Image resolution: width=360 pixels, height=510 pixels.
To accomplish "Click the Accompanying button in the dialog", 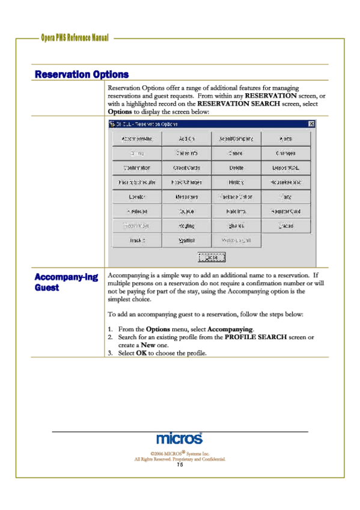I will point(137,139).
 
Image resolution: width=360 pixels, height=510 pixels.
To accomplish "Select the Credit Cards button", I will point(186,168).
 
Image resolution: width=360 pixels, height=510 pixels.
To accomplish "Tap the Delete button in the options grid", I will point(236,168).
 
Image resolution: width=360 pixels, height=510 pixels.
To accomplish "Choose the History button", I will point(236,182).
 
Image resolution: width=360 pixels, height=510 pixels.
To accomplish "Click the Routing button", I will point(186,226).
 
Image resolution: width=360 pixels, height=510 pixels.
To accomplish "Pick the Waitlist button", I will point(186,241).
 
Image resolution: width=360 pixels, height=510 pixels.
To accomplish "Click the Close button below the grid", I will point(212,257).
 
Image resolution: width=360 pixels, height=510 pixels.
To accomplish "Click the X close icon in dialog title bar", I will point(311,124).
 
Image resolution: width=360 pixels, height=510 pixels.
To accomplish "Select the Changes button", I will point(286,153).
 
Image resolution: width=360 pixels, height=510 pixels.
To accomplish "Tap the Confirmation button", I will point(137,168).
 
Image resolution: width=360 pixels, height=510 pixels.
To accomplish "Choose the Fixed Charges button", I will point(186,182).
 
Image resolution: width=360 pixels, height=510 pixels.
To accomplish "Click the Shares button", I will point(236,226).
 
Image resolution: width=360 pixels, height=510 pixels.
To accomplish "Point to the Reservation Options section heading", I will point(82,75).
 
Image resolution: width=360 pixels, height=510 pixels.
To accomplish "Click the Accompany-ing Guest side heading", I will point(66,283).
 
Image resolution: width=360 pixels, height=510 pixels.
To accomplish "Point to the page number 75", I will point(180,465).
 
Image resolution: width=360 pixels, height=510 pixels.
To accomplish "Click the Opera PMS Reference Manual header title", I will point(75,38).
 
